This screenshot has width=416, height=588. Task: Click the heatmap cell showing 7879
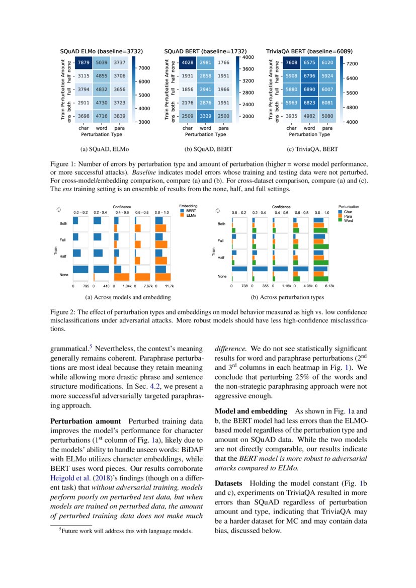pos(83,62)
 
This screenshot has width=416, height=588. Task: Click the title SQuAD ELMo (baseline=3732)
pos(102,51)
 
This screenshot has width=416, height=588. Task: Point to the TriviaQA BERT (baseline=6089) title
pos(309,51)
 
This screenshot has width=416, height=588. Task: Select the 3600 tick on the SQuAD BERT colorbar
pos(247,69)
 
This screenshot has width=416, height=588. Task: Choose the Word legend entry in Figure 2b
pos(348,220)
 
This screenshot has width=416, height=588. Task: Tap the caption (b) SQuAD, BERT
pos(208,149)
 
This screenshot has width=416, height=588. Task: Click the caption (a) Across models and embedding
pos(129,297)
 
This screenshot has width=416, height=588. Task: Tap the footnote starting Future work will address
pos(126,530)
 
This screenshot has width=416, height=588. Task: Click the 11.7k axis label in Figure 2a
pos(170,286)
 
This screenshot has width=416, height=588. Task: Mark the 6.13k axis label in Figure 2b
pos(329,286)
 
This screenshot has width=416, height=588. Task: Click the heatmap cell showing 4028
pos(188,62)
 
